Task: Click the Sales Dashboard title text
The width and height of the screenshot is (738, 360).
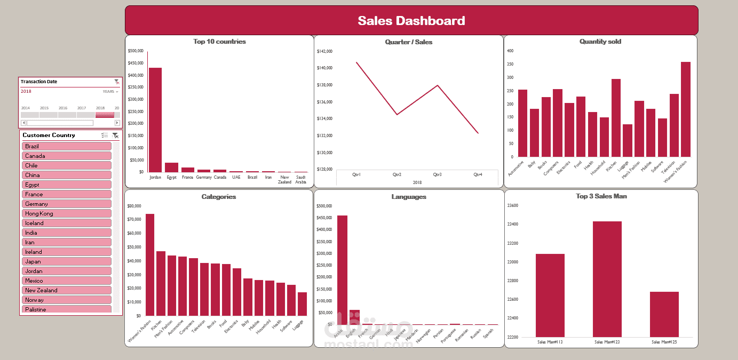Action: (411, 21)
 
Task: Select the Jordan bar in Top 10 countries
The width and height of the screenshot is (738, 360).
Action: (155, 120)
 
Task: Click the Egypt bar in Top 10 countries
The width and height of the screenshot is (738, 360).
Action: (171, 167)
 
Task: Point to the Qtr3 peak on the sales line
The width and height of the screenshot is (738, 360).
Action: (438, 85)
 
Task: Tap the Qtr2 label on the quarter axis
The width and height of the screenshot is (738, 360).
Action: (397, 174)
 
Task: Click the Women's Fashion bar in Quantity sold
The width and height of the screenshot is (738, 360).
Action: (685, 109)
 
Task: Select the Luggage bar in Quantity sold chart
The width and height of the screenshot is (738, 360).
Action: (628, 141)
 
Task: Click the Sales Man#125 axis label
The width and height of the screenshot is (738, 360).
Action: (664, 342)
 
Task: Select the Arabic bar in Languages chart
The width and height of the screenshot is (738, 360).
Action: (342, 270)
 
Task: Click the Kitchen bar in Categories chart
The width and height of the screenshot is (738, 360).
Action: (161, 283)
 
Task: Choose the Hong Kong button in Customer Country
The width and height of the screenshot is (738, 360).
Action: (67, 213)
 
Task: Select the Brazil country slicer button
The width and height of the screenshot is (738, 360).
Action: (67, 146)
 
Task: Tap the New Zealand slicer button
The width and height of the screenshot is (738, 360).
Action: (67, 290)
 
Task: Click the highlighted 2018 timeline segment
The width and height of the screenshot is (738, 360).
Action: (105, 115)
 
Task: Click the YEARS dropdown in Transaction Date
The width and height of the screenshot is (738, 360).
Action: (110, 92)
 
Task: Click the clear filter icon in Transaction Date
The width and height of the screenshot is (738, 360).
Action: (117, 82)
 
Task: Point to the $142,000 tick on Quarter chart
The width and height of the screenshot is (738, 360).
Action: (324, 51)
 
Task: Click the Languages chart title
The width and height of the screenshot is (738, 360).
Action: (408, 197)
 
